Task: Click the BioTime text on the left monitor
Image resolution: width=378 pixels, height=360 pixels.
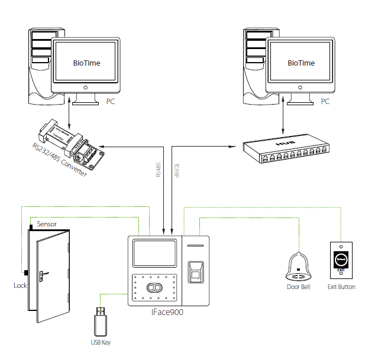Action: (x=86, y=63)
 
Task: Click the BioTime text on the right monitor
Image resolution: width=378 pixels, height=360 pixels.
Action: (x=301, y=63)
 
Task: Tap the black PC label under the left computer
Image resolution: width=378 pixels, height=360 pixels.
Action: (x=111, y=102)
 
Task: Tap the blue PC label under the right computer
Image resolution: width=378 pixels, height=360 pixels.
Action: (x=325, y=102)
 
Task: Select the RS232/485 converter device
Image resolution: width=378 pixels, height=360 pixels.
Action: (x=70, y=142)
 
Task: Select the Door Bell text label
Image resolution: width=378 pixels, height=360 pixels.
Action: (x=299, y=287)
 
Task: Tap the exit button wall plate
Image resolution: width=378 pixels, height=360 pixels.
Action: (x=341, y=259)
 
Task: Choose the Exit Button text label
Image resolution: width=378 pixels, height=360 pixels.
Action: (x=341, y=287)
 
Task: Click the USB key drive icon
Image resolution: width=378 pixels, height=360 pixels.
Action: (x=100, y=322)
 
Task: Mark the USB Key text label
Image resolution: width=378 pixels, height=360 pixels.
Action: (x=100, y=342)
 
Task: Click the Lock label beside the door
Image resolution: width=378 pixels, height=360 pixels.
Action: (x=20, y=286)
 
